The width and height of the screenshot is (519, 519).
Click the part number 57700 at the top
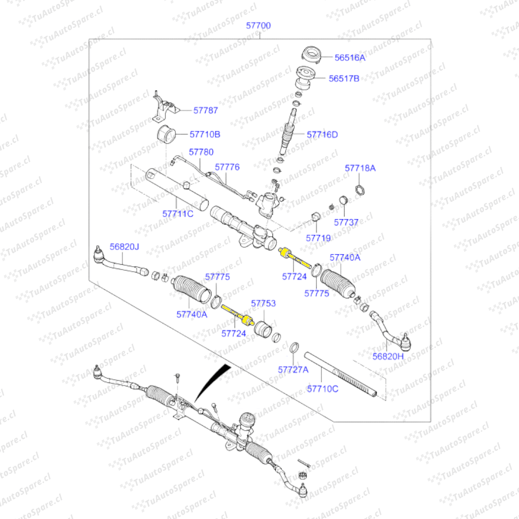tap(258, 25)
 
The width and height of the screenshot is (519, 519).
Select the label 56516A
tap(350, 58)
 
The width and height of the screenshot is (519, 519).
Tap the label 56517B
tap(344, 78)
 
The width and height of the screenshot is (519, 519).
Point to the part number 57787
tap(206, 110)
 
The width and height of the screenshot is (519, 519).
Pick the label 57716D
tap(322, 135)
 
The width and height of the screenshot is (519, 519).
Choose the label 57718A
tap(360, 168)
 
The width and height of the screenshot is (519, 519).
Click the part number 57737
tap(346, 222)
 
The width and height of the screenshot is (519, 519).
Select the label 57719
tap(318, 237)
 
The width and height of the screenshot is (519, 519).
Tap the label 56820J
tap(124, 247)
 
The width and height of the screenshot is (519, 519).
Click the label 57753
tap(263, 304)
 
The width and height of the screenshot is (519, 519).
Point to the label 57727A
tap(293, 370)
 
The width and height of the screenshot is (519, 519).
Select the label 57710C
tap(322, 388)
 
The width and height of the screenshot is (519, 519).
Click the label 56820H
tap(388, 357)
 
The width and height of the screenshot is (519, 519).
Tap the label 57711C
tap(178, 213)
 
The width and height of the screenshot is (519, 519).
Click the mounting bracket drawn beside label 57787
tap(162, 108)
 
